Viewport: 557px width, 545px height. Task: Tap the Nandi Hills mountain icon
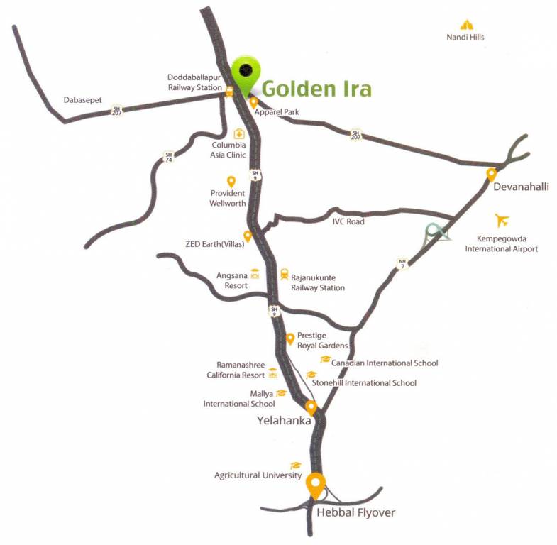(465, 25)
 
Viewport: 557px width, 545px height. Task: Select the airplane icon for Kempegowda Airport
(503, 219)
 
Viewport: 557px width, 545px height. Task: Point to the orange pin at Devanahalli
(490, 174)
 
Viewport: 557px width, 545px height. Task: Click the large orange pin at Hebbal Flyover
(316, 485)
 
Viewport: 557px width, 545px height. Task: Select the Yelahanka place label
(284, 420)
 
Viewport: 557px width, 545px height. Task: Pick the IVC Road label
(348, 221)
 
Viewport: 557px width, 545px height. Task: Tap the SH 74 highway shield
(168, 156)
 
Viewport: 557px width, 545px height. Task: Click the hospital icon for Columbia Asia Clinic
(239, 133)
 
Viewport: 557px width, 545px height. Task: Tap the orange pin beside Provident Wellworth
(231, 182)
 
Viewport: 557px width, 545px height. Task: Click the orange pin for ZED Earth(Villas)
(248, 236)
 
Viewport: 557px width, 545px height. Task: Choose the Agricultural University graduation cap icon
(296, 465)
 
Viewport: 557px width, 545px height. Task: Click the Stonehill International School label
(369, 383)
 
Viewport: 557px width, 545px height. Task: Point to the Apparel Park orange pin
(253, 102)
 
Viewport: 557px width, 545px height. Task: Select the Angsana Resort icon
(254, 273)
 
